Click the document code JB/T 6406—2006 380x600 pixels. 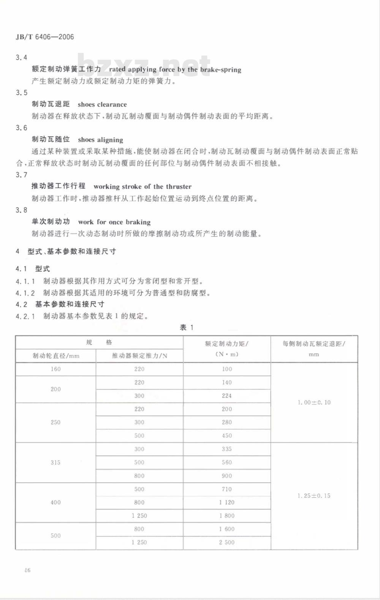pos(45,37)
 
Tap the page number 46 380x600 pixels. pos(27,570)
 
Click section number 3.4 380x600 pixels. pos(22,57)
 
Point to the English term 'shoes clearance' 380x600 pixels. pos(102,105)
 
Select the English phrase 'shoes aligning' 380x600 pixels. pos(100,140)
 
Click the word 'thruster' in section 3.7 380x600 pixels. pos(178,186)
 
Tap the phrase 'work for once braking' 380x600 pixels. pos(114,222)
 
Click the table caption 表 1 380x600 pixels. pos(187,328)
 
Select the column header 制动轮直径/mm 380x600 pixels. pos(56,356)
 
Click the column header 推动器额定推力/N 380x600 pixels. pos(139,356)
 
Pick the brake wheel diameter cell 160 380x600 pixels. pos(55,369)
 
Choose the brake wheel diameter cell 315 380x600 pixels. pos(55,463)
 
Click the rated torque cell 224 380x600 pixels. pos(227,396)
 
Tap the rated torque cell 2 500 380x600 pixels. pos(227,543)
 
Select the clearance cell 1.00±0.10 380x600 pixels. pos(314,402)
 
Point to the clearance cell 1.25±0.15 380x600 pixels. pos(314,496)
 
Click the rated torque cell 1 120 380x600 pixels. pos(227,502)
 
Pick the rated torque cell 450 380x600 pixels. pos(227,436)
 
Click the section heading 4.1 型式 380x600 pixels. pos(33,269)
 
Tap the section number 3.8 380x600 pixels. pos(22,210)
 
